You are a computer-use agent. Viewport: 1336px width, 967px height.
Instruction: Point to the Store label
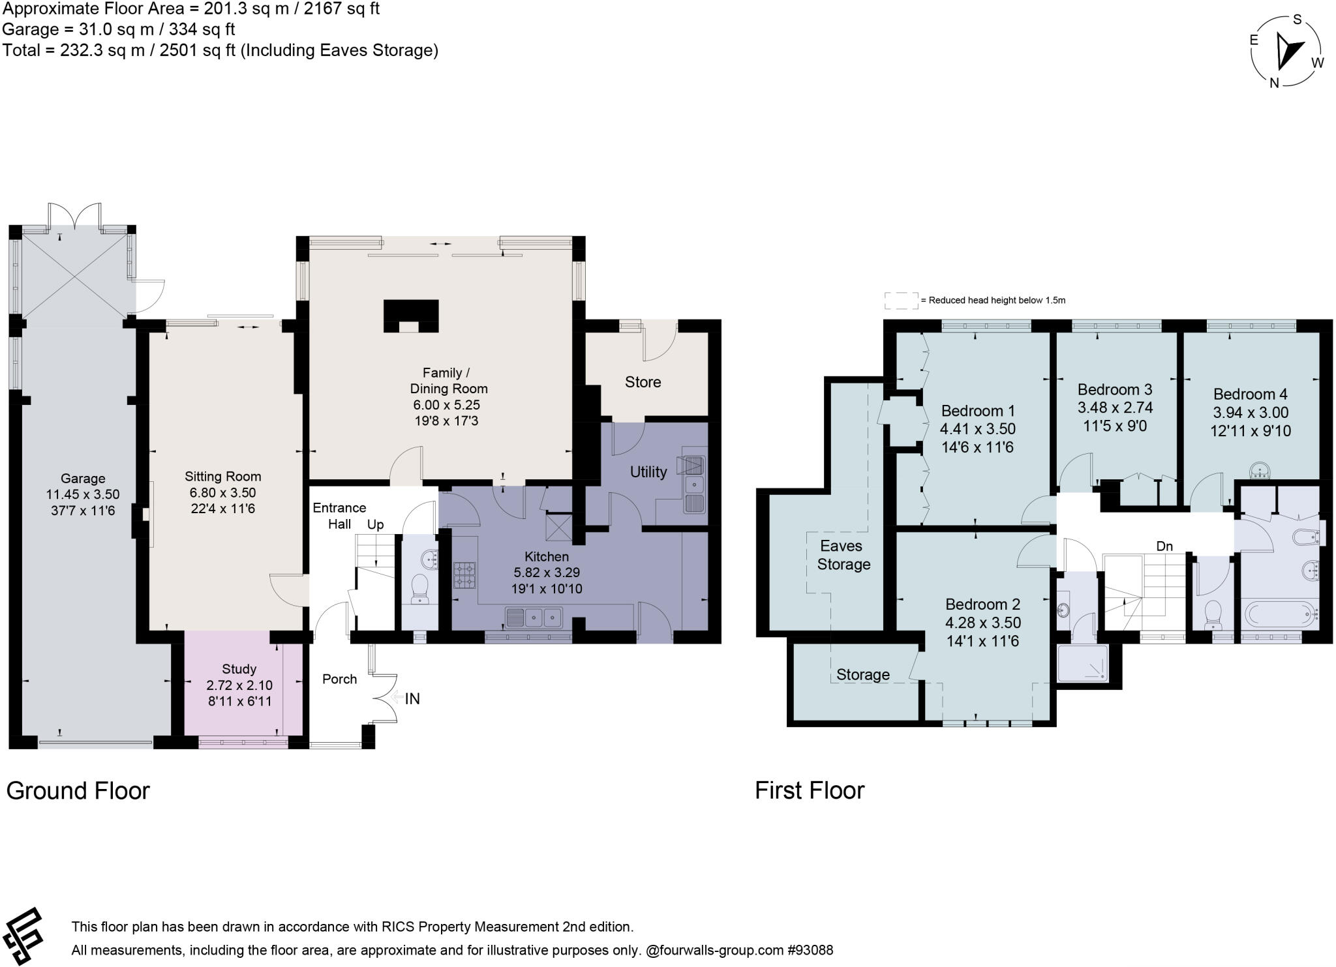[643, 382]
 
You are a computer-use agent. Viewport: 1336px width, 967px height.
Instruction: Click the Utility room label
[648, 471]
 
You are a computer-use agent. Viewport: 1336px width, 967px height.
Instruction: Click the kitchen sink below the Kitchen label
[534, 616]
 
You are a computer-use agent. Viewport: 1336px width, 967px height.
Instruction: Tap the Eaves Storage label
[843, 555]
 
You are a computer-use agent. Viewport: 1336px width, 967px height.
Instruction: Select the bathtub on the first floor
[1279, 614]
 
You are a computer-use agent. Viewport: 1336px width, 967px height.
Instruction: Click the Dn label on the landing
[1164, 546]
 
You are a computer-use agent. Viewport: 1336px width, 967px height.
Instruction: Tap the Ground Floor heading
[78, 790]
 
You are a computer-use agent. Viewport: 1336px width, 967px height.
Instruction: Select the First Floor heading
[810, 790]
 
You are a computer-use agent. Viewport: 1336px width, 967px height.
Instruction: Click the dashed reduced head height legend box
[901, 301]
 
